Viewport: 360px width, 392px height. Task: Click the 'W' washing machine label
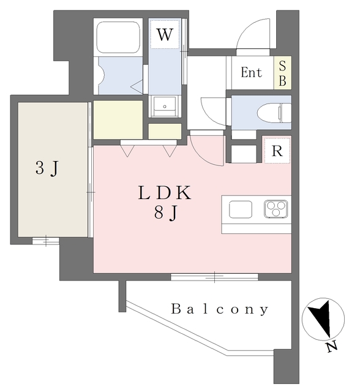(163, 34)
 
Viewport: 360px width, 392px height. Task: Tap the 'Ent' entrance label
(251, 73)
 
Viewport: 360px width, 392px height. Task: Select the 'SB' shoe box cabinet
(282, 73)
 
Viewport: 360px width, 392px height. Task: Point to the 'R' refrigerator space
(277, 151)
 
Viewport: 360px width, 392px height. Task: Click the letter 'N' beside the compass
(331, 347)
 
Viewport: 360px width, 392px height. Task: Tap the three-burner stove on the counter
(277, 209)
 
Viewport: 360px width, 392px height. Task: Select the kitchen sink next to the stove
(241, 209)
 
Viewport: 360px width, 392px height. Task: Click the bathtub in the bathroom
(119, 37)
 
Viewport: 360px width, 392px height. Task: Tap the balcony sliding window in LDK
(214, 277)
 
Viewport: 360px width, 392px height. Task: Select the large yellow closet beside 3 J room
(118, 120)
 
